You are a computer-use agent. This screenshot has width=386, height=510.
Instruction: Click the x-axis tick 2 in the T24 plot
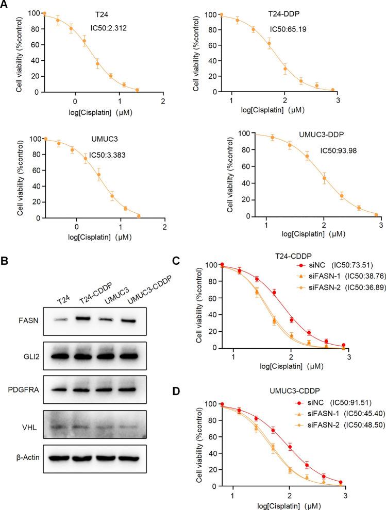tap(163, 100)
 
